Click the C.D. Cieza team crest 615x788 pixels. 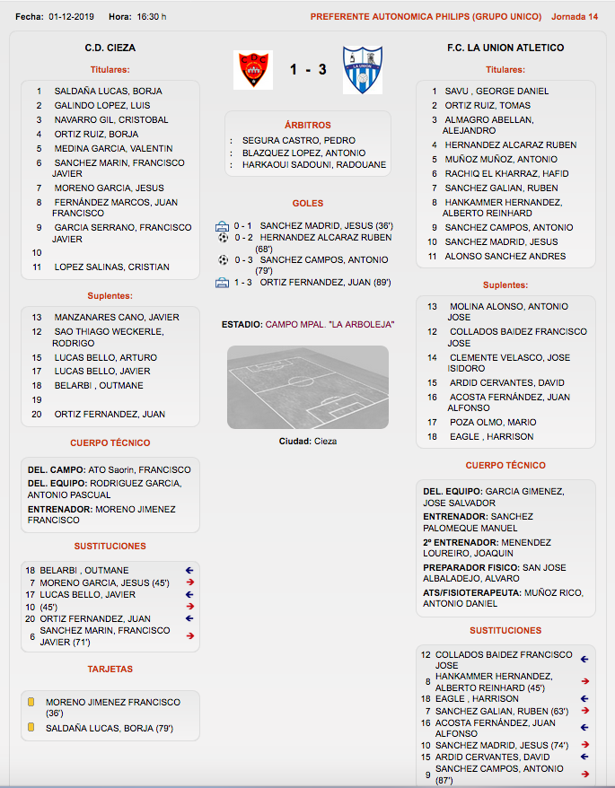click(x=252, y=70)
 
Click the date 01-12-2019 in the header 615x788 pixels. click(x=72, y=17)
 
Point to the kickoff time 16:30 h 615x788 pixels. click(x=150, y=17)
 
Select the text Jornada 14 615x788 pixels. click(x=575, y=17)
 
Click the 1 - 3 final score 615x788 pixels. click(x=308, y=69)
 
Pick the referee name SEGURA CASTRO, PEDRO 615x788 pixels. click(x=293, y=141)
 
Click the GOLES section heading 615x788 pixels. click(x=308, y=204)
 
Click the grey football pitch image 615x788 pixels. click(x=308, y=387)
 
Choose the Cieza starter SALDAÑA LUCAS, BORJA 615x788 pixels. click(x=109, y=92)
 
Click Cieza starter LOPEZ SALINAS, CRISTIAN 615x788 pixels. click(x=111, y=267)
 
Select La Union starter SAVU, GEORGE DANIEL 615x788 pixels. click(x=496, y=92)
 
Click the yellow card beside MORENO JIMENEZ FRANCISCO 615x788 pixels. click(x=31, y=702)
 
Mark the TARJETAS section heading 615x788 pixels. click(x=110, y=670)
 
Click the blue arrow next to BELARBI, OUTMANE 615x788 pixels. click(x=189, y=570)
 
